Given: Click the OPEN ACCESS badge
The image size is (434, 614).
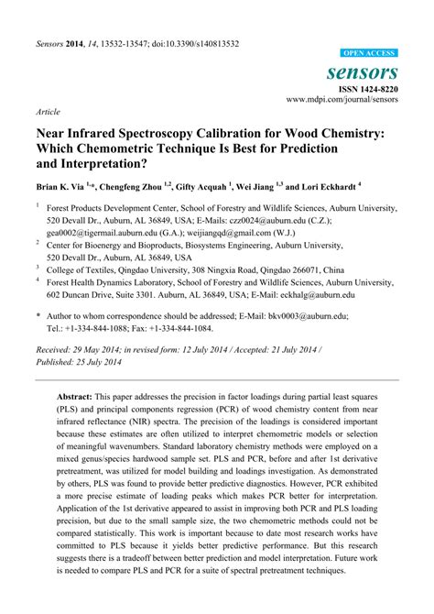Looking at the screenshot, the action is tap(369, 54).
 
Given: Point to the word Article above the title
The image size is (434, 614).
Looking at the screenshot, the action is tap(48, 111).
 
